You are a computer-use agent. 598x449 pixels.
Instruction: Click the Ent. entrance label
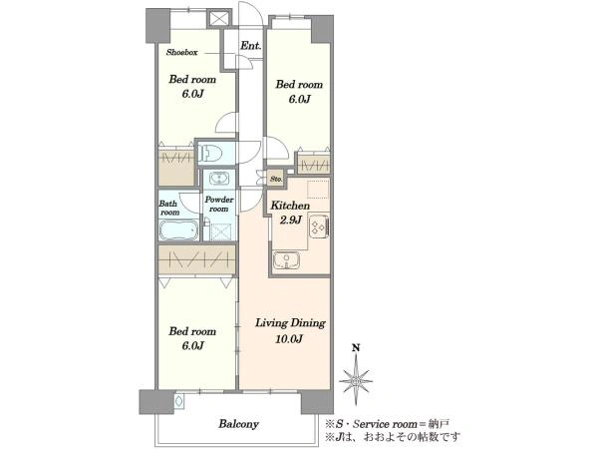pyautogui.click(x=250, y=46)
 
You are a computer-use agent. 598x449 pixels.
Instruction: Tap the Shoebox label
pyautogui.click(x=182, y=53)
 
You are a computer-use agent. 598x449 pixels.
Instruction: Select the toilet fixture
pyautogui.click(x=210, y=154)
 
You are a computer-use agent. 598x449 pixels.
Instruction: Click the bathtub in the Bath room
pyautogui.click(x=178, y=230)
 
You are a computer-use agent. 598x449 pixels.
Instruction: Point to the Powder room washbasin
pyautogui.click(x=219, y=179)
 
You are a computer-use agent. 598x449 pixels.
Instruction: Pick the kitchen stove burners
pyautogui.click(x=319, y=226)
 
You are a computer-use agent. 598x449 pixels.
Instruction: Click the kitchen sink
pyautogui.click(x=286, y=261)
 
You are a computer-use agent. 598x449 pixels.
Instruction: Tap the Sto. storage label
pyautogui.click(x=276, y=179)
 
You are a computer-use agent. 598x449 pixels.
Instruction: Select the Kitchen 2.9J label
pyautogui.click(x=290, y=213)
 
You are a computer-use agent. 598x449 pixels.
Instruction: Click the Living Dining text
pyautogui.click(x=290, y=323)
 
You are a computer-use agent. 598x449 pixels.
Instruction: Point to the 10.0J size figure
pyautogui.click(x=289, y=338)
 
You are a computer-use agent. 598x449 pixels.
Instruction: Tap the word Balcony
pyautogui.click(x=239, y=424)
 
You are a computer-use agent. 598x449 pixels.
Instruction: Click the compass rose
pyautogui.click(x=356, y=380)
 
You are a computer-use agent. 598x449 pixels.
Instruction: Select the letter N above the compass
pyautogui.click(x=356, y=348)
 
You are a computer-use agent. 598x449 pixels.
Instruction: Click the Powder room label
pyautogui.click(x=219, y=205)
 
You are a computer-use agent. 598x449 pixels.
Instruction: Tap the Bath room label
pyautogui.click(x=168, y=209)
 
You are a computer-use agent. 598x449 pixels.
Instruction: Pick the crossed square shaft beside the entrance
pyautogui.click(x=219, y=18)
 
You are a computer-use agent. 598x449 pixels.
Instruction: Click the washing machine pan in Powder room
pyautogui.click(x=219, y=231)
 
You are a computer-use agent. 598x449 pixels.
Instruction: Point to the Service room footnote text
pyautogui.click(x=387, y=423)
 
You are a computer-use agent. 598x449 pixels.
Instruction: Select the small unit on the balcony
pyautogui.click(x=178, y=401)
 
